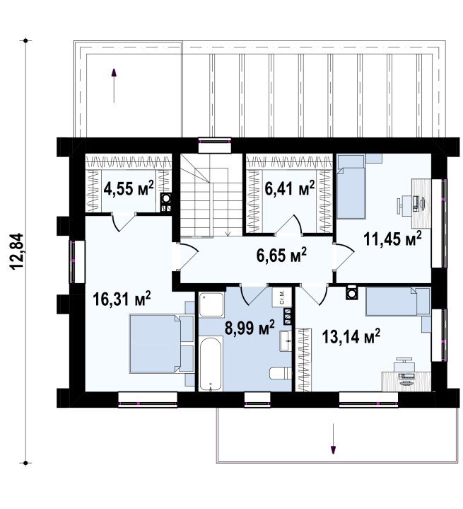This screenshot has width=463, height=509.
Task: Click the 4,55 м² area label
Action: pyautogui.click(x=129, y=188)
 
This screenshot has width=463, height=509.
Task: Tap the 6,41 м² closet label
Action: pyautogui.click(x=290, y=188)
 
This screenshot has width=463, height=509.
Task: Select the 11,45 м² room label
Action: pyautogui.click(x=392, y=239)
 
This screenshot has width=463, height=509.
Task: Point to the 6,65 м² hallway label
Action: pyautogui.click(x=281, y=255)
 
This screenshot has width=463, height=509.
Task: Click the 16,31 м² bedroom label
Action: pyautogui.click(x=122, y=299)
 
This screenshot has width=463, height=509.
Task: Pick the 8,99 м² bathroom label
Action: pyautogui.click(x=250, y=328)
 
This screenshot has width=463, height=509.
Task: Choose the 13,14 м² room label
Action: pyautogui.click(x=351, y=336)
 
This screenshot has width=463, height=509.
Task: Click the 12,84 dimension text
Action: pyautogui.click(x=17, y=251)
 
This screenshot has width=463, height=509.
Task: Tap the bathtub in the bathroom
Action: pyautogui.click(x=211, y=364)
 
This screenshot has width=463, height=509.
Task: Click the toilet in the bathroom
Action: pyautogui.click(x=281, y=373)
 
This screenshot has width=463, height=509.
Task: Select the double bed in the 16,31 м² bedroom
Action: pyautogui.click(x=162, y=343)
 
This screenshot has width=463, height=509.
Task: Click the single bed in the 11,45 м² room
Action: pyautogui.click(x=351, y=186)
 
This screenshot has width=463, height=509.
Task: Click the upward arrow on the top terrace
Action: pyautogui.click(x=114, y=86)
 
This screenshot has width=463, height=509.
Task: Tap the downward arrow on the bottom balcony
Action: pyautogui.click(x=333, y=438)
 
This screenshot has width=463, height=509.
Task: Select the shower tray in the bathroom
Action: pyautogui.click(x=211, y=305)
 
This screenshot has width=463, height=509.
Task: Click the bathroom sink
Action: pyautogui.click(x=286, y=341)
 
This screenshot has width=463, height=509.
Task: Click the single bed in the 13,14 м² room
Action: pyautogui.click(x=398, y=302)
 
